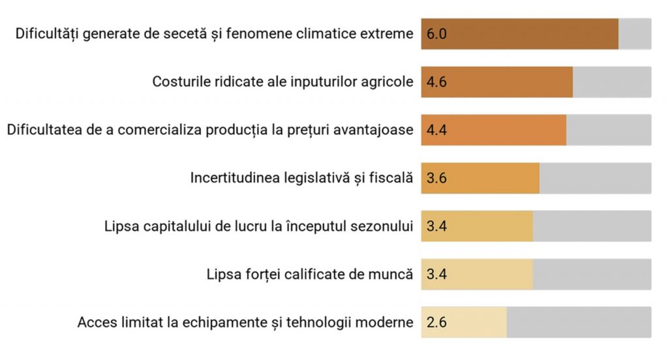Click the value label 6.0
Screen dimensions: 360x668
(x=436, y=34)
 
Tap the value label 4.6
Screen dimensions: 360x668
(x=436, y=82)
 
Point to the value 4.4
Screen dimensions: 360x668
(x=436, y=130)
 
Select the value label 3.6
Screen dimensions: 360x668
(x=436, y=178)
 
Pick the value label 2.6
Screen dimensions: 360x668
(x=436, y=322)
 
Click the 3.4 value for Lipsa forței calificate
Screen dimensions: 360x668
(x=436, y=275)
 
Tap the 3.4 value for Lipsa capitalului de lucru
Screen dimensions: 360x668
(x=436, y=226)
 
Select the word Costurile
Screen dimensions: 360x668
(x=177, y=82)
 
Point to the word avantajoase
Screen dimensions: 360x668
(x=376, y=130)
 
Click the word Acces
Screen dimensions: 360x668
(x=94, y=322)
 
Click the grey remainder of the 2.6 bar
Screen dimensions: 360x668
(x=579, y=322)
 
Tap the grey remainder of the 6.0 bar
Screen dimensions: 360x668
(x=635, y=34)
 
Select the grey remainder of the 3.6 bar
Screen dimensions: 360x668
(x=595, y=178)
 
